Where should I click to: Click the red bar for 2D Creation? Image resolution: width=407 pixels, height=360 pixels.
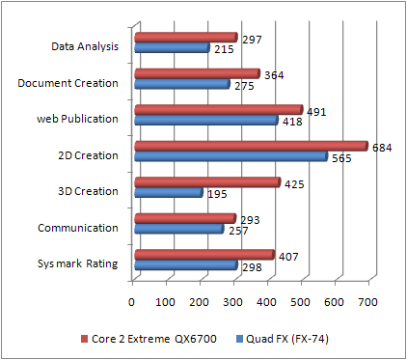251,147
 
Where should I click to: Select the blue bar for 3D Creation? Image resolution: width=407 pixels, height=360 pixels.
169,193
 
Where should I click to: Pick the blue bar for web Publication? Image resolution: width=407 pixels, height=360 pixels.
205,121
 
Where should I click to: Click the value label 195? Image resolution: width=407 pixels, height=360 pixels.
218,194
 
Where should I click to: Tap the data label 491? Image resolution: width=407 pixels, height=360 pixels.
316,111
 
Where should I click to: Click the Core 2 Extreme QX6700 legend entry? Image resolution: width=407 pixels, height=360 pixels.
150,339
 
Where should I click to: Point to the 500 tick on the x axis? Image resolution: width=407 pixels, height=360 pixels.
302,301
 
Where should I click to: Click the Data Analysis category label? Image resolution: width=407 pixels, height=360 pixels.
85,45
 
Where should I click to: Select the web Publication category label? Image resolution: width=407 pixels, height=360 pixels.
78,119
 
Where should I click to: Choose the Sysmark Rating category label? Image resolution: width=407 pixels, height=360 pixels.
78,263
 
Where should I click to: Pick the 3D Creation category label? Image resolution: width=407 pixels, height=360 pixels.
88,190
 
